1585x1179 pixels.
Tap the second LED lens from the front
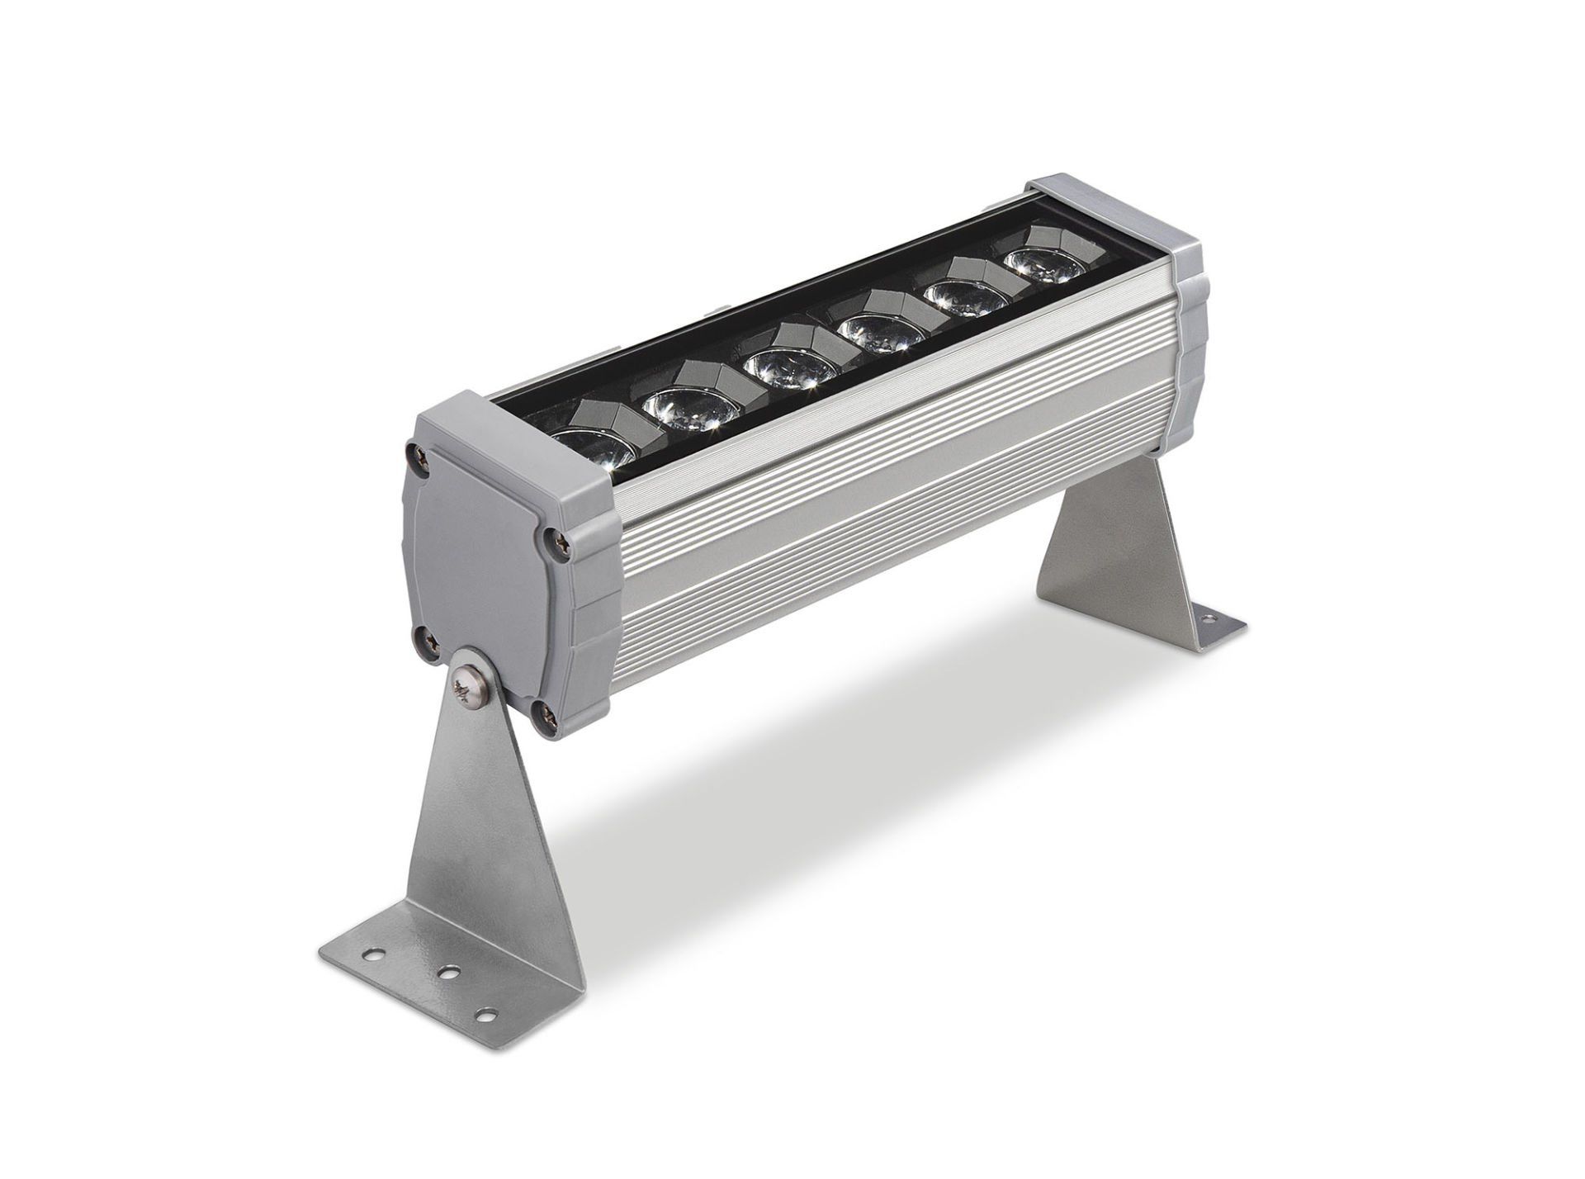(691, 406)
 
